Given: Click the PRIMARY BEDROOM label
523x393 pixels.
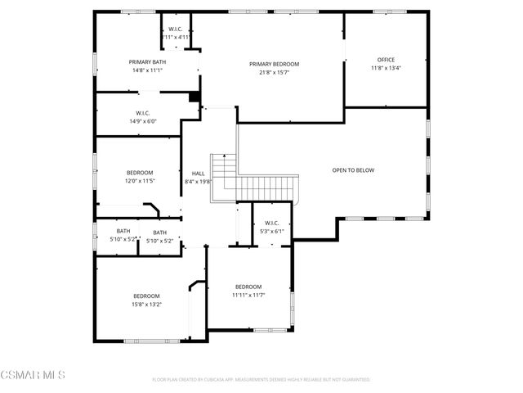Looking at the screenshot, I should pos(274,64).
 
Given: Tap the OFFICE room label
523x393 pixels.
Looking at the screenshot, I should pos(386,60).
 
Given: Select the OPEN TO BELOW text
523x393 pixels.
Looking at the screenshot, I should pos(353,170).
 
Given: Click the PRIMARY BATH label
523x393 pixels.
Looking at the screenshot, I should pos(147,62).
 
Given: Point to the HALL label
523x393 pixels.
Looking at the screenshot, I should pos(199,174).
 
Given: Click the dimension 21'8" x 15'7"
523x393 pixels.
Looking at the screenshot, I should pos(274,72).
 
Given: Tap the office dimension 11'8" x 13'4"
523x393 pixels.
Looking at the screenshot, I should pos(386,68).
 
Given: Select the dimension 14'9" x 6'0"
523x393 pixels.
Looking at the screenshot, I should pos(142,121).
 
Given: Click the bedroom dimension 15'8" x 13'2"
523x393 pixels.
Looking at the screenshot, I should pos(147,304).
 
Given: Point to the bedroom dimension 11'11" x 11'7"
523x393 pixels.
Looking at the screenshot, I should pos(248,294).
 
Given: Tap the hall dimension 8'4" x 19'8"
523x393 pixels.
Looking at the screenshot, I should pos(199,182).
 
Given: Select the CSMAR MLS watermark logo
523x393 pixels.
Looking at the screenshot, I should pos(33,375).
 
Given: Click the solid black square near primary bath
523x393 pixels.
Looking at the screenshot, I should pos(194,97).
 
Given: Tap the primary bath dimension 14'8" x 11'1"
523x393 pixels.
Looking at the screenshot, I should pos(147,70).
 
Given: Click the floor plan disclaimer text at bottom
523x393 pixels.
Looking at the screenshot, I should pos(261,380).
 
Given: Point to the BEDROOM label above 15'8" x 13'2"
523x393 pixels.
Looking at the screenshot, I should pos(147,296).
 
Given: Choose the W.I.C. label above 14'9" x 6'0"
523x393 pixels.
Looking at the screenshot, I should pos(142,113).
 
